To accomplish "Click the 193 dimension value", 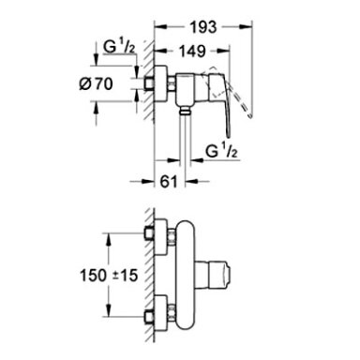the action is pyautogui.click(x=203, y=27).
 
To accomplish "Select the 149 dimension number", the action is pyautogui.click(x=192, y=51).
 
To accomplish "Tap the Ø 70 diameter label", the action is pyautogui.click(x=96, y=83).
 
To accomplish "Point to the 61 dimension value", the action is pyautogui.click(x=169, y=181).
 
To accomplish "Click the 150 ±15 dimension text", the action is pyautogui.click(x=109, y=276).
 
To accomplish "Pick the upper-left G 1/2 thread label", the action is pyautogui.click(x=119, y=47).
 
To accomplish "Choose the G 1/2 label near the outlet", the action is pyautogui.click(x=222, y=152).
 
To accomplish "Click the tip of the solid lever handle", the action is pyautogui.click(x=228, y=136).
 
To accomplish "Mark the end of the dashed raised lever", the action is pyautogui.click(x=250, y=116).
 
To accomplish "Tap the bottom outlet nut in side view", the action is pyautogui.click(x=186, y=111).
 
